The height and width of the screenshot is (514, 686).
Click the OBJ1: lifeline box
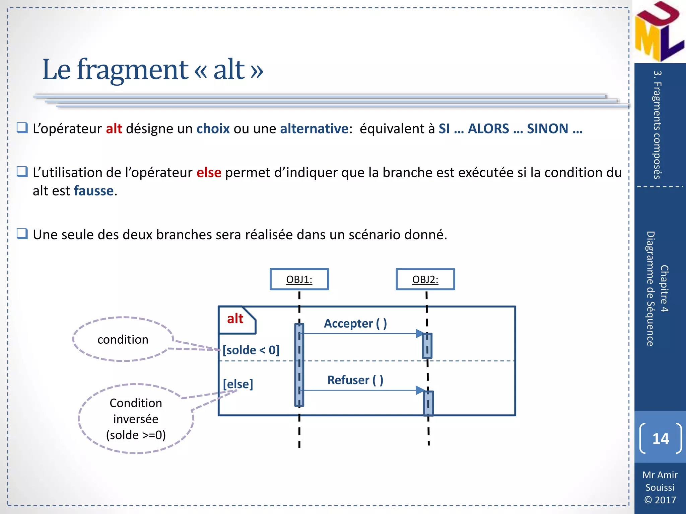(299, 279)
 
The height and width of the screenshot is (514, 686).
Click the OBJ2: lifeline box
(425, 279)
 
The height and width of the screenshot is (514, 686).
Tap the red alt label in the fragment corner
(235, 319)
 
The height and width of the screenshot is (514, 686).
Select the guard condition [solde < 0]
(251, 350)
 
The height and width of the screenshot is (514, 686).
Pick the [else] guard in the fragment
(238, 384)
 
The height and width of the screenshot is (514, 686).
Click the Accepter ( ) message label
(355, 324)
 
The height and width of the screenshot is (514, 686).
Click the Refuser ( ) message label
(355, 380)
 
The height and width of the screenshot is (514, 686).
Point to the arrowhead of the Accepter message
(419, 333)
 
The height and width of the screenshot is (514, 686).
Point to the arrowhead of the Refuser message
(420, 390)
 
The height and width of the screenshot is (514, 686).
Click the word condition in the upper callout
(123, 340)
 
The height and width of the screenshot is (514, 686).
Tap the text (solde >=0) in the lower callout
(136, 435)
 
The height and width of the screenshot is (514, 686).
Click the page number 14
(660, 439)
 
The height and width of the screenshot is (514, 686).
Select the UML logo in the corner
(659, 32)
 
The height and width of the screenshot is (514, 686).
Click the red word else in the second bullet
(209, 173)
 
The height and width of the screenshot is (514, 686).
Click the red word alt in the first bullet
(114, 129)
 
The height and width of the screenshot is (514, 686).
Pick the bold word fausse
(94, 191)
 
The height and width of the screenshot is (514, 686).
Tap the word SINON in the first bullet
(547, 129)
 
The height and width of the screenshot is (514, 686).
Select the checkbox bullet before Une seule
(22, 234)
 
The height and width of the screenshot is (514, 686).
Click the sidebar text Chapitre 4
(664, 288)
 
